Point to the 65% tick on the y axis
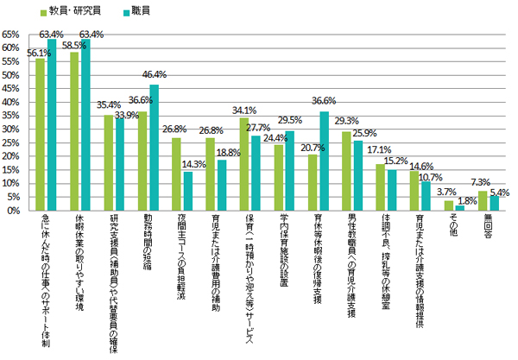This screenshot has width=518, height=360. pyautogui.click(x=14, y=34)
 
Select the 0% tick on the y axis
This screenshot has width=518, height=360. pyautogui.click(x=17, y=210)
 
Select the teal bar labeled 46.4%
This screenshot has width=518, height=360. pyautogui.click(x=154, y=147)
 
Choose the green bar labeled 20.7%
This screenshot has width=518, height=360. pyautogui.click(x=313, y=182)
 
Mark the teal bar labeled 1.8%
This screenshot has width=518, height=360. pyautogui.click(x=459, y=207)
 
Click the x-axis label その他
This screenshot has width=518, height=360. pyautogui.click(x=449, y=228)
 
